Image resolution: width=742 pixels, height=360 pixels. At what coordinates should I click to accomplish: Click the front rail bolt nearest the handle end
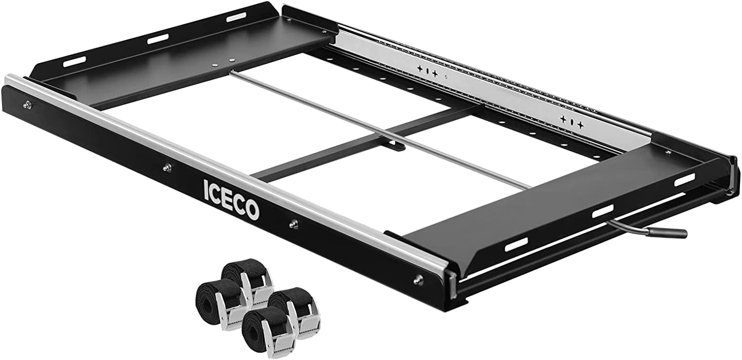coord(418,280)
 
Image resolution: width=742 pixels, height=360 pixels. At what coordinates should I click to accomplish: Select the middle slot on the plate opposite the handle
coord(157,39)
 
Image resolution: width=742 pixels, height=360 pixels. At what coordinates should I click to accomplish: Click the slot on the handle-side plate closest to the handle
coord(685,180)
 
